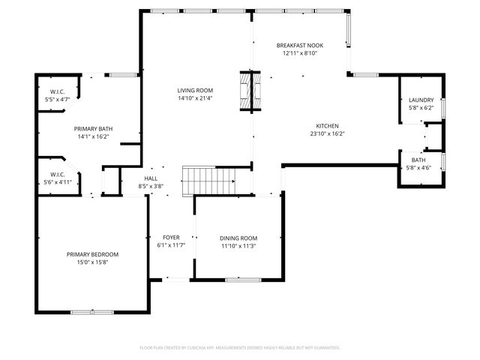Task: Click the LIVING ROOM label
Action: tap(195, 90)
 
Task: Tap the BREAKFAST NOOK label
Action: tap(301, 46)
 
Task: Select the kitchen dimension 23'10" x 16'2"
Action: tap(327, 133)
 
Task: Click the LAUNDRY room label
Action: tap(421, 100)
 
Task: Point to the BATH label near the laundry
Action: tap(418, 160)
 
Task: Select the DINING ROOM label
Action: tap(238, 238)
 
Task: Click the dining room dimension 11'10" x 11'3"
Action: tap(238, 246)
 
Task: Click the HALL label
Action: tap(151, 178)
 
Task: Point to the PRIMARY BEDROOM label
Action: tap(92, 254)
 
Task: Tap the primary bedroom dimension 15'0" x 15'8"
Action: tap(92, 262)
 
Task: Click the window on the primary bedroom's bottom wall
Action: tap(92, 311)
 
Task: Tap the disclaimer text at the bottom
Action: tap(240, 347)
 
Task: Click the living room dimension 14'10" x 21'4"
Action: tap(195, 98)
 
